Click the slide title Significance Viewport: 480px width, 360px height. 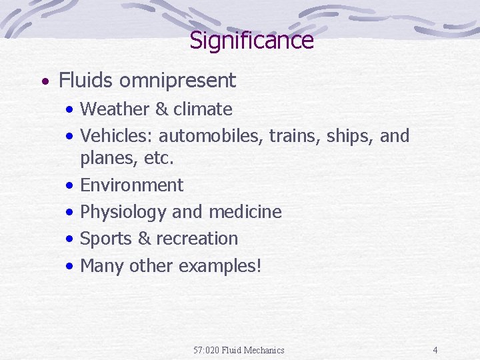click(251, 41)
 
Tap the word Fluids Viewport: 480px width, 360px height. click(87, 81)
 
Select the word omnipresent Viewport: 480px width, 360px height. click(177, 81)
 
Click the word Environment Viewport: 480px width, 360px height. click(131, 185)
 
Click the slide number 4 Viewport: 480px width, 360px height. click(435, 350)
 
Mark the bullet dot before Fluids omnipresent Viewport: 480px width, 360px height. click(44, 82)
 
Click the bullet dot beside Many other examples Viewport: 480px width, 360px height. click(70, 266)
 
